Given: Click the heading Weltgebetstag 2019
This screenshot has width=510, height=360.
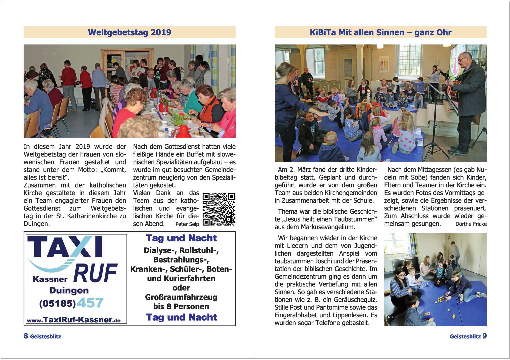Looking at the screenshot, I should (129, 32).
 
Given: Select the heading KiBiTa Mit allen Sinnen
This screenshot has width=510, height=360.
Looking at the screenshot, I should (380, 32).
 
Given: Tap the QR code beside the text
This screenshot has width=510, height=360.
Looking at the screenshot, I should (219, 209).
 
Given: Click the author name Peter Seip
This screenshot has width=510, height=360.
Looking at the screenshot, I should (187, 224).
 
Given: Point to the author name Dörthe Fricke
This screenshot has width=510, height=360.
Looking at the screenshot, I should (471, 224).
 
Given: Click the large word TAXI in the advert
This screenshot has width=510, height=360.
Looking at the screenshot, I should (65, 247).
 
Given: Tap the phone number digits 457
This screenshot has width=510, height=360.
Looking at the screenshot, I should (90, 303).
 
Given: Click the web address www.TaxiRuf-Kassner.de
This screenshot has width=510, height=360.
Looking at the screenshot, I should (74, 320).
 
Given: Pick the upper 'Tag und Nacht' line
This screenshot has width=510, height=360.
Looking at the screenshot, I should (181, 238).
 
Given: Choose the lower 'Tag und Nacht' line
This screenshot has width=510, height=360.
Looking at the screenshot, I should (181, 317).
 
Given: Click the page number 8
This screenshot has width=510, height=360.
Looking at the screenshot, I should (26, 336).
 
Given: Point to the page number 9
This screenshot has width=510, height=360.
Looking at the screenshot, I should (484, 336).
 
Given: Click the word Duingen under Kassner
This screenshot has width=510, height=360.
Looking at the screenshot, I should (69, 290).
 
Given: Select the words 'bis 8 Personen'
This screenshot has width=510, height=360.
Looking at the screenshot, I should (181, 306).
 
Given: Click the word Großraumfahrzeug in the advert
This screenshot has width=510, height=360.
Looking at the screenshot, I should (181, 297).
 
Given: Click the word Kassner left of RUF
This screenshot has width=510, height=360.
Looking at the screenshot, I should (50, 279).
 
